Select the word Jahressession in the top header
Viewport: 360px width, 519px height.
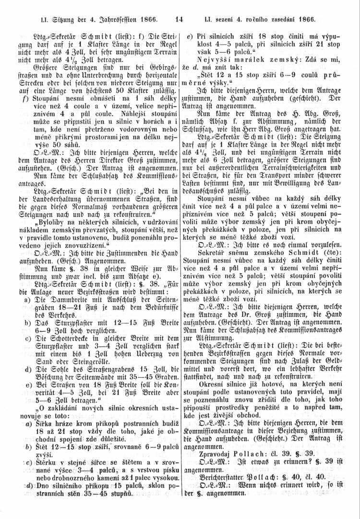pos(117,20)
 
